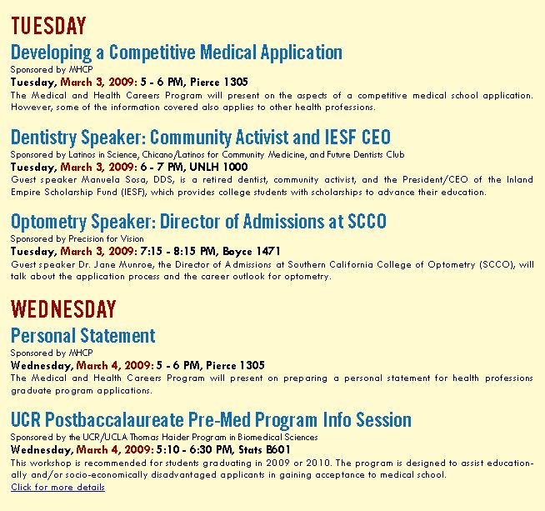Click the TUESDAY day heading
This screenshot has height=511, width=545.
tap(48, 25)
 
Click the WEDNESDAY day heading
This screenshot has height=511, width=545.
tap(63, 308)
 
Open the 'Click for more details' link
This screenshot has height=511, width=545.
tap(57, 487)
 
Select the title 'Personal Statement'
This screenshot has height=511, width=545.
tap(83, 336)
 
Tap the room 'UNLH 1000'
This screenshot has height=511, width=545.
tap(218, 167)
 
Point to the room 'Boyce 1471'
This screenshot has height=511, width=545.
tap(252, 251)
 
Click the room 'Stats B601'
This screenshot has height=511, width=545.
tap(264, 449)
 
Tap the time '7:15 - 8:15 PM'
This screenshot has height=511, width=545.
tap(179, 251)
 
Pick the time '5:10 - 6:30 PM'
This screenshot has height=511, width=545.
tap(195, 449)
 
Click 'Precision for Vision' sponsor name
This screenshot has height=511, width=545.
tap(106, 238)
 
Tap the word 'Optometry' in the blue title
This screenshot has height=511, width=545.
tap(48, 223)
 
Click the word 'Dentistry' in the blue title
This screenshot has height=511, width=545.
tap(43, 138)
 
